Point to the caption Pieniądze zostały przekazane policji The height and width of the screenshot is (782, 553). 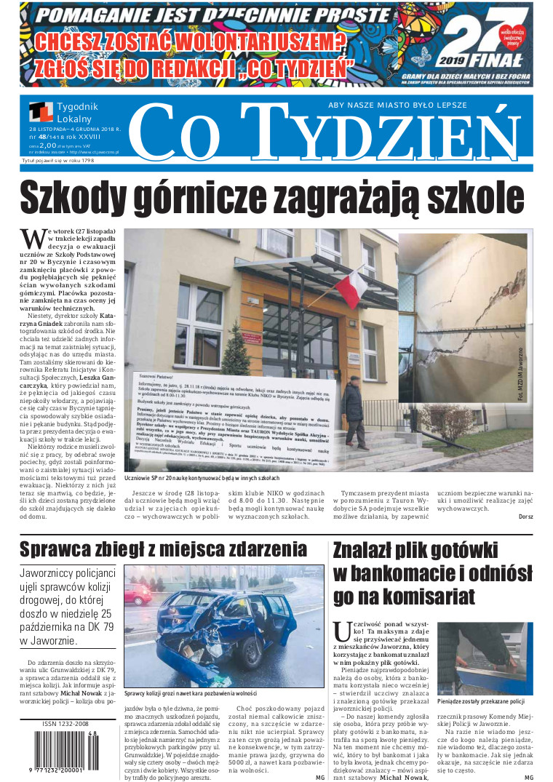481,701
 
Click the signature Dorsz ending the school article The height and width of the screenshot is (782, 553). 525,517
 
